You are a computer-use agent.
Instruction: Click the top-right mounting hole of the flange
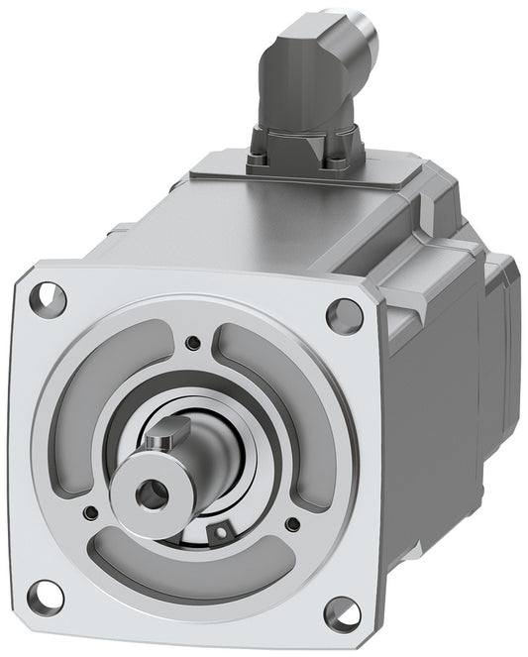(345, 315)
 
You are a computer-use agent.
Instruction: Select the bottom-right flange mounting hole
(341, 613)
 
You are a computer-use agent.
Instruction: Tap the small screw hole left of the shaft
(91, 512)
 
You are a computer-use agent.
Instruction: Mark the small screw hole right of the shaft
(292, 522)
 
